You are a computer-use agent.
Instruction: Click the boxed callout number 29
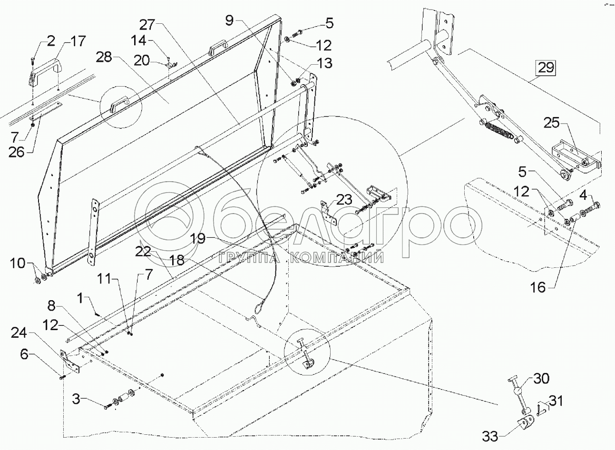pyautogui.click(x=546, y=68)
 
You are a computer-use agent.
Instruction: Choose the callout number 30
pyautogui.click(x=541, y=379)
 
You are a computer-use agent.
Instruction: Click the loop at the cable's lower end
pyautogui.click(x=261, y=304)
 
